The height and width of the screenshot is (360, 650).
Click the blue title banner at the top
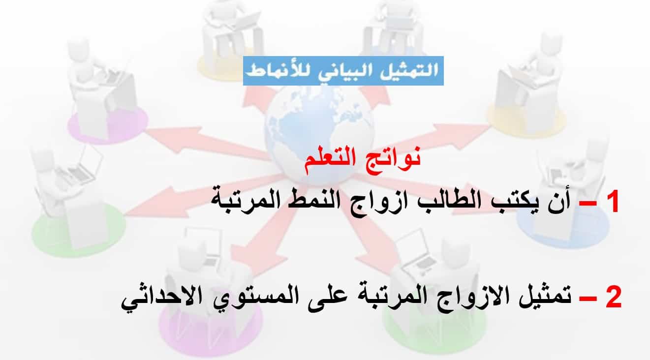pos(343,71)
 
